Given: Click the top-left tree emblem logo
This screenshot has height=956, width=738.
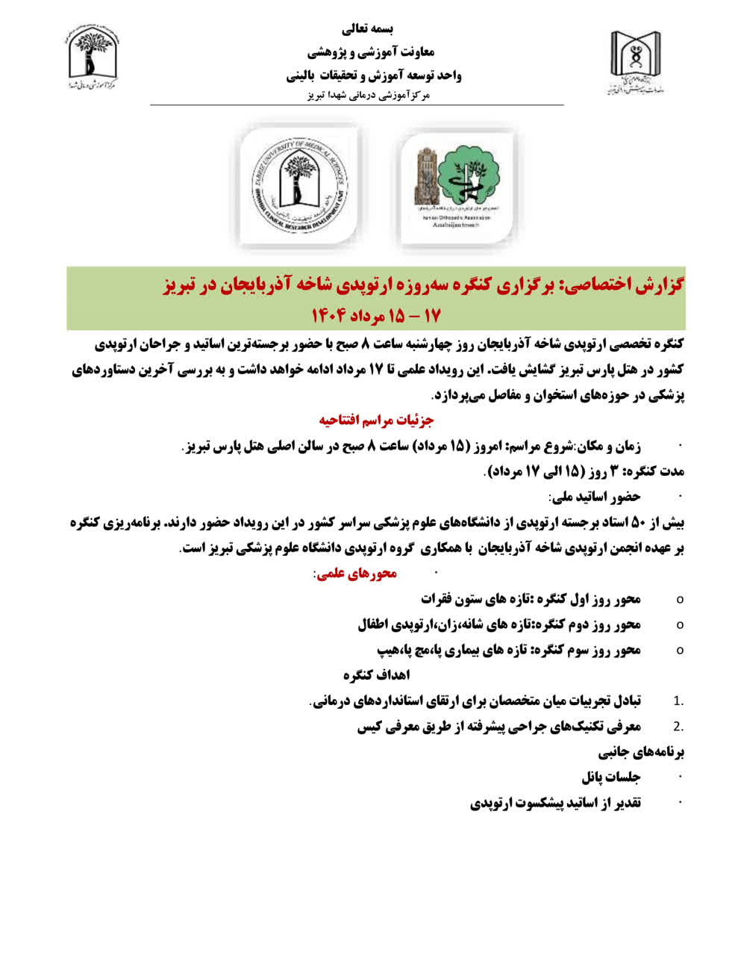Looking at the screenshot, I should pos(93,60).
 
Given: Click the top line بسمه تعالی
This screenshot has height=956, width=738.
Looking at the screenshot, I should pos(368,28).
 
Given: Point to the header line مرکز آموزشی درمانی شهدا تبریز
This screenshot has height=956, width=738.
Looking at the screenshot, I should pos(370,96).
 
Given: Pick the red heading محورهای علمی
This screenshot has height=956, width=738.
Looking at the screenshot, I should pos(355,573).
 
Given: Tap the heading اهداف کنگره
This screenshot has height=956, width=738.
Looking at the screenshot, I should pos(377,674).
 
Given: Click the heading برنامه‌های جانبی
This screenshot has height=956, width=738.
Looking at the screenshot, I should pos(641,751).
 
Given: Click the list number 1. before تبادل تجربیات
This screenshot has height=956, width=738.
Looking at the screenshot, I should pos(678,701).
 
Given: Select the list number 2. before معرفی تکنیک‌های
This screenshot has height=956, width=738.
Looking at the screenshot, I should pos(678,726).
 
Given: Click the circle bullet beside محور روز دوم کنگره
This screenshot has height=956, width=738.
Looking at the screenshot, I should pos(679,624).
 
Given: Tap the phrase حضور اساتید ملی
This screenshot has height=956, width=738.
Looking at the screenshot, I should pos(595,496).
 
